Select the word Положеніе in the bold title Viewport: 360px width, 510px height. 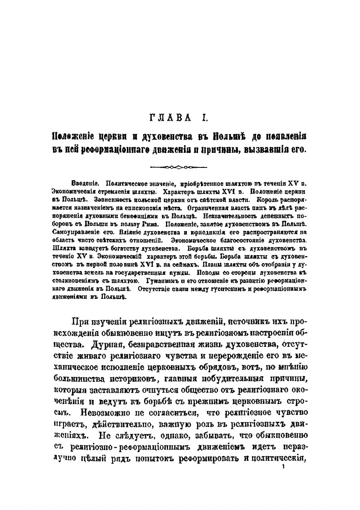click(72, 136)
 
